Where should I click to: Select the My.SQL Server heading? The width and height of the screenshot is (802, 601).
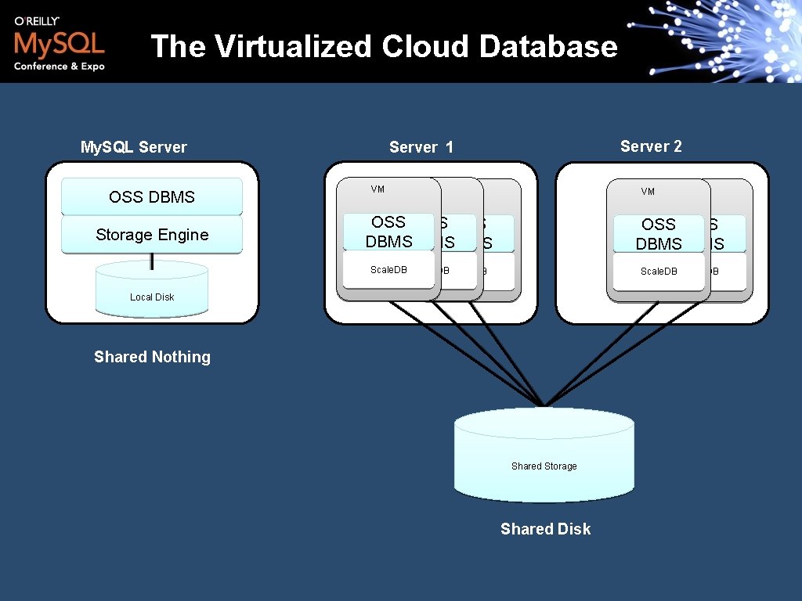[x=134, y=147]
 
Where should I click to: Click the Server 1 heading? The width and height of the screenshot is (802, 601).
[x=421, y=147]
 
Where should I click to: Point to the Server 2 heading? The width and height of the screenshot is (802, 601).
[x=651, y=146]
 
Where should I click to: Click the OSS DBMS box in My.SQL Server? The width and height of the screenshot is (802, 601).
[x=152, y=197]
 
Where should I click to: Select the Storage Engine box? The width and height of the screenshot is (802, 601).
[x=152, y=235]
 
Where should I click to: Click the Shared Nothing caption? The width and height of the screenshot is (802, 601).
[x=152, y=357]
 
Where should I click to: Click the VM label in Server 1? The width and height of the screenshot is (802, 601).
[x=378, y=189]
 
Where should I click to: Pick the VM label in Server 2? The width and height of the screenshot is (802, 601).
[x=648, y=192]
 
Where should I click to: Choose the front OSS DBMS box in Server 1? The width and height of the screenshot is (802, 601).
[x=388, y=232]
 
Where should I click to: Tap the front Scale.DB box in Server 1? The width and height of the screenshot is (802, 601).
[x=388, y=270]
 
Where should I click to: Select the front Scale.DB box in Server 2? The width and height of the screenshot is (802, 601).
[x=659, y=272]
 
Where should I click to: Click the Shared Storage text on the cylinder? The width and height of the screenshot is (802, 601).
[x=544, y=466]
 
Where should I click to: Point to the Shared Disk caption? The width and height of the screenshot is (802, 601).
[x=545, y=529]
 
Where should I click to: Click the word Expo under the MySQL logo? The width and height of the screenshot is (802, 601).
[x=92, y=67]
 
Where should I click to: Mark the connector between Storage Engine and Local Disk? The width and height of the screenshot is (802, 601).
[x=152, y=261]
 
